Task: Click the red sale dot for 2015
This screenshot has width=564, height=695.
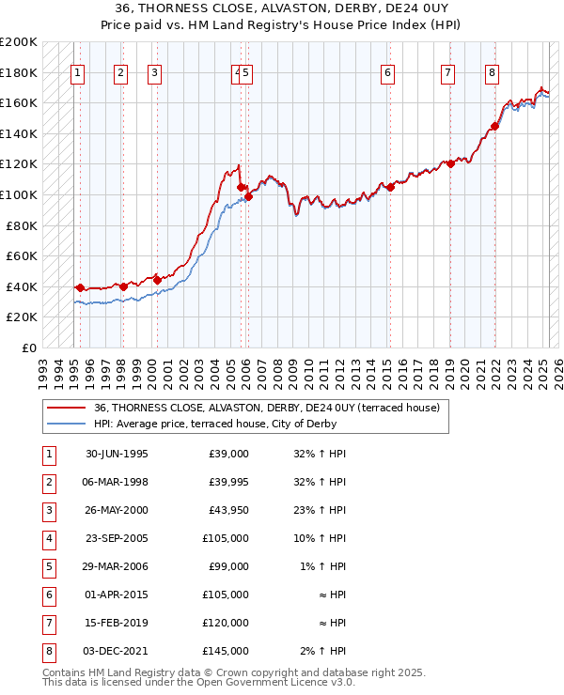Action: (x=391, y=187)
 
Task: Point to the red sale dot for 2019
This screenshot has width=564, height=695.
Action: (x=450, y=163)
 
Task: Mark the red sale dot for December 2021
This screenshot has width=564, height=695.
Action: (x=494, y=126)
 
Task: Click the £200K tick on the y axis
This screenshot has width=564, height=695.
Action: (x=19, y=42)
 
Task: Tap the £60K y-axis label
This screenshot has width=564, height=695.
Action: (x=22, y=255)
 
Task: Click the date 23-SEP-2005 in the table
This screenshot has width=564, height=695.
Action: (x=117, y=539)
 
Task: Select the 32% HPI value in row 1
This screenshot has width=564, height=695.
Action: (x=320, y=454)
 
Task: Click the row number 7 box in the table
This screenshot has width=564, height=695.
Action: (x=48, y=622)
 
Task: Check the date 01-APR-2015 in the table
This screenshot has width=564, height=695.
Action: (x=117, y=595)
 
